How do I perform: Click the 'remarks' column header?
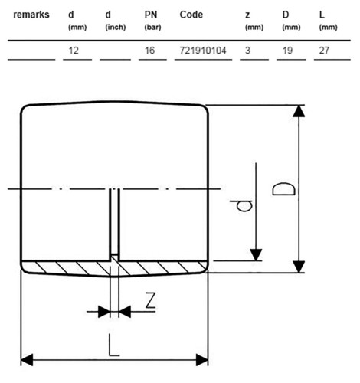click(x=31, y=15)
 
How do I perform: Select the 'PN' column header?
click(x=151, y=15)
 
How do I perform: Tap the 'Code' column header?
click(x=191, y=15)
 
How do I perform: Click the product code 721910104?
click(x=203, y=51)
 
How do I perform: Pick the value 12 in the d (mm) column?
click(x=74, y=51)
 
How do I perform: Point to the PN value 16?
click(x=149, y=51)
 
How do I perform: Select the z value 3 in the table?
click(x=247, y=51)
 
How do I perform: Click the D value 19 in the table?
click(x=287, y=51)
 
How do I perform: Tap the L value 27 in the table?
click(x=324, y=51)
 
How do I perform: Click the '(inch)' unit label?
click(x=116, y=27)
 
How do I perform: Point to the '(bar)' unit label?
click(x=152, y=27)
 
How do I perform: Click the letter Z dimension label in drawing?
click(x=150, y=300)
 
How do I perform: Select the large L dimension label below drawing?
click(x=114, y=345)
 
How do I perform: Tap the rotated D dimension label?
click(x=283, y=189)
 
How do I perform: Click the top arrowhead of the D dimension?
click(x=299, y=111)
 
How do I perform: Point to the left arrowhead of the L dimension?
click(x=27, y=360)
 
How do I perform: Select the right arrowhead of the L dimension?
click(x=202, y=360)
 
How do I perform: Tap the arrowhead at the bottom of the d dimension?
click(x=256, y=255)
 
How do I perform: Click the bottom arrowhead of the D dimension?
click(x=299, y=267)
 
